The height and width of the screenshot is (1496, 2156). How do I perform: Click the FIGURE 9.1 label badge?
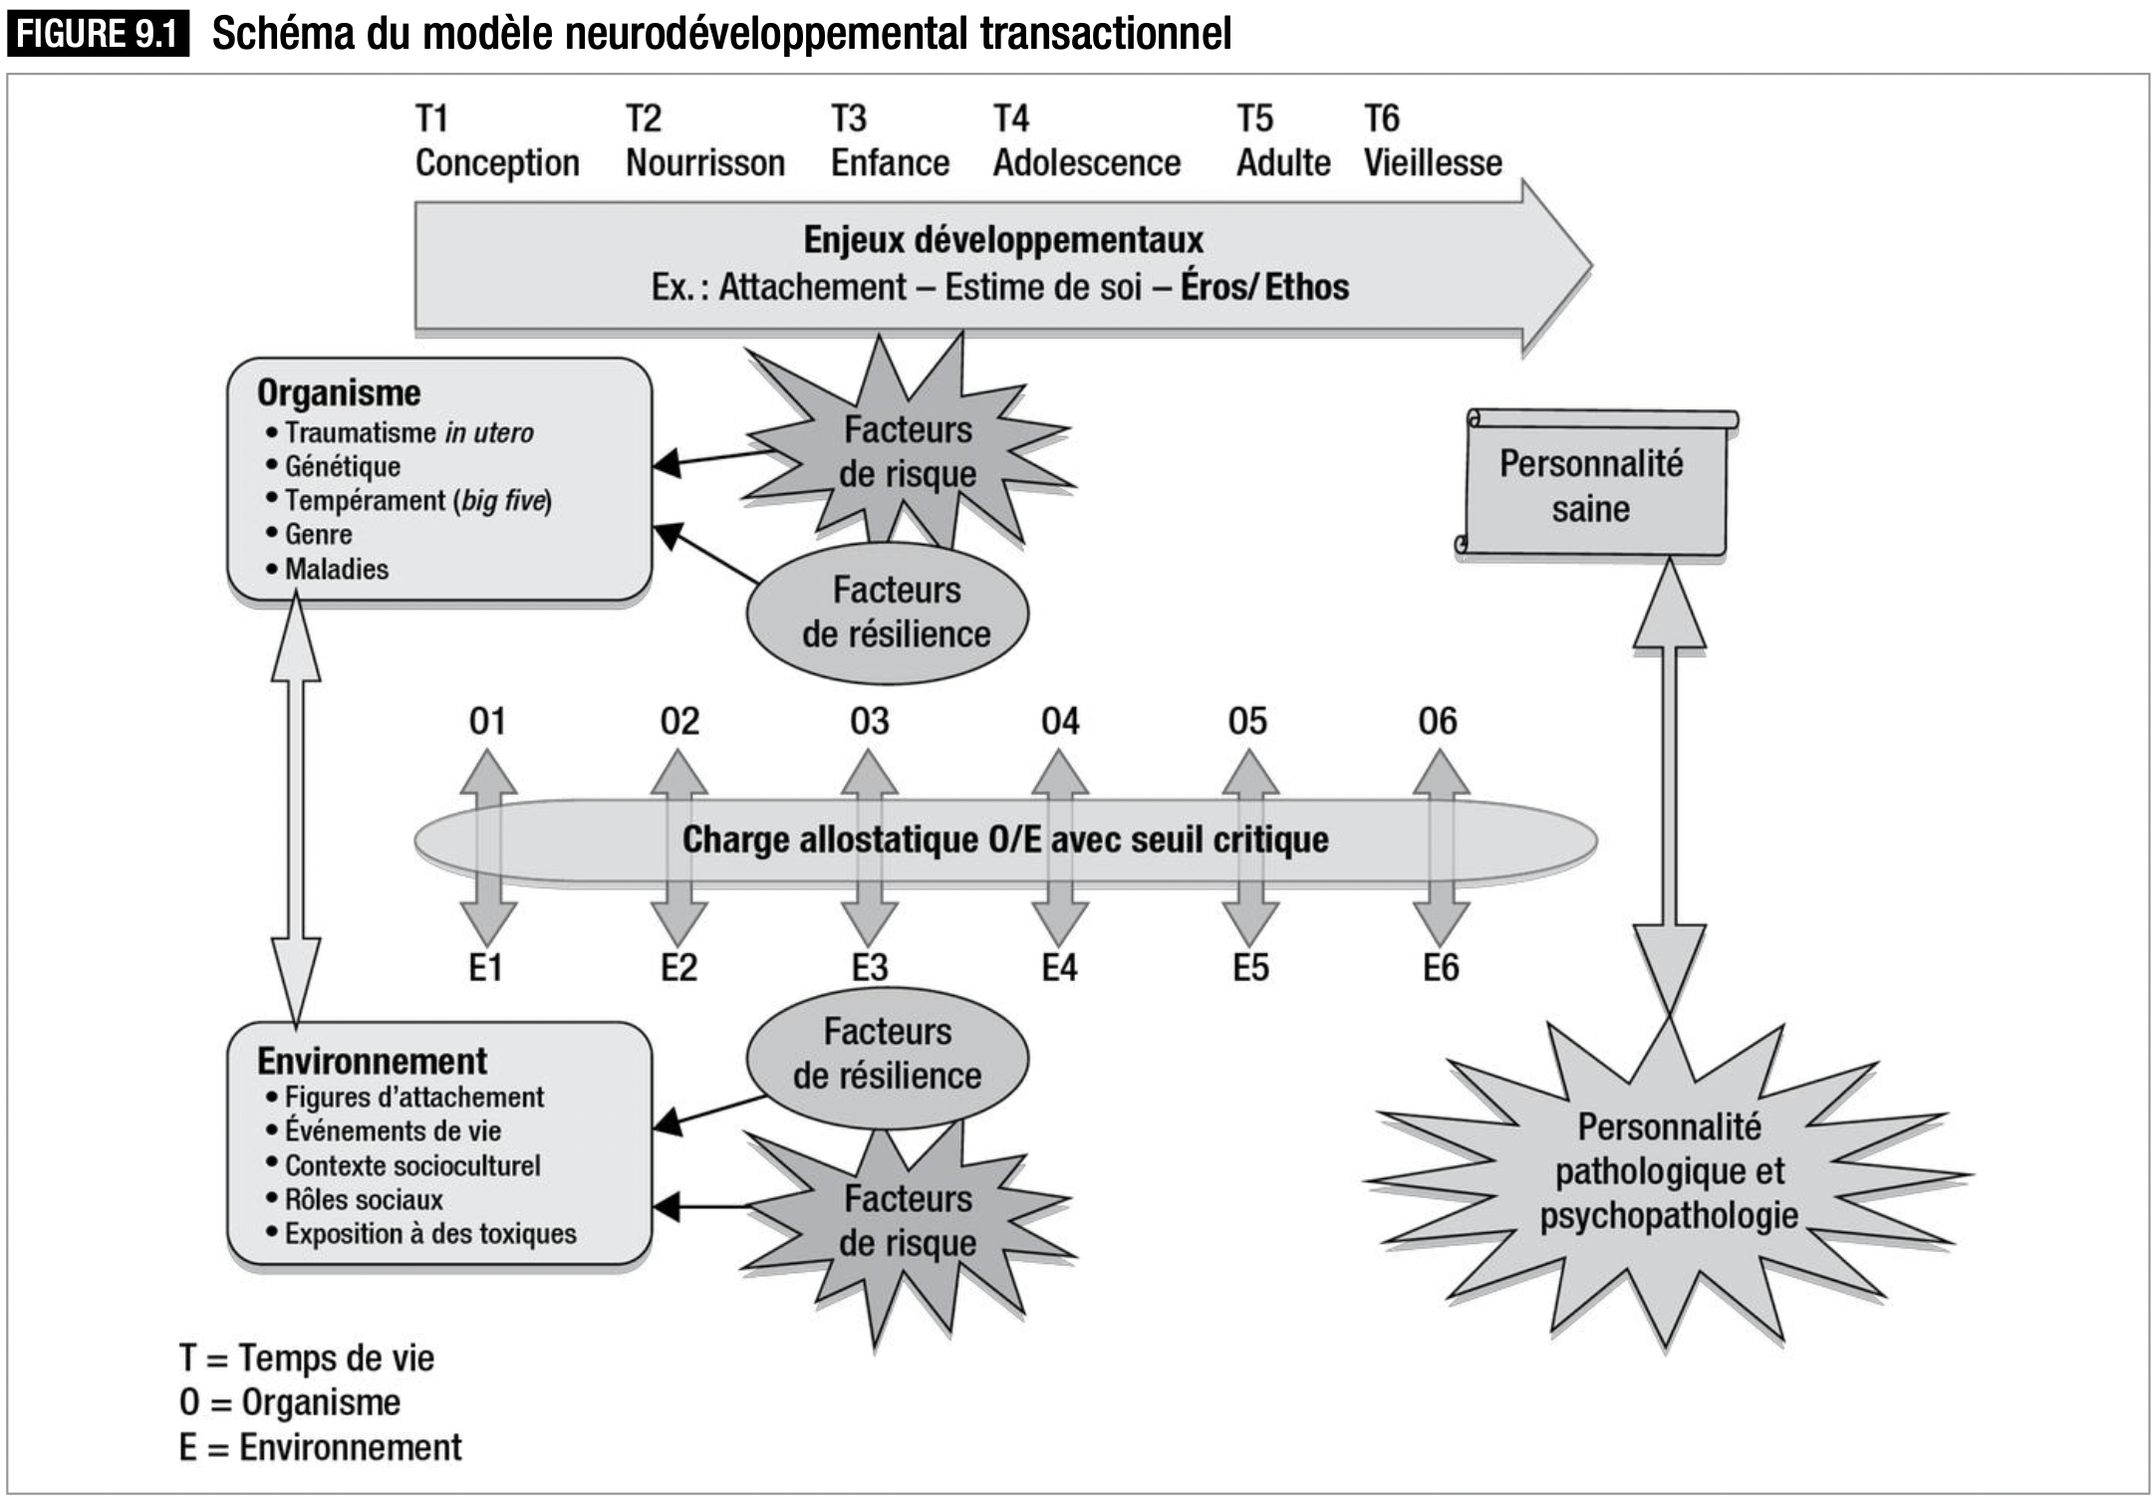pos(98,35)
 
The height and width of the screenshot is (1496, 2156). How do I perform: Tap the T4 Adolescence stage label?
pos(1087,140)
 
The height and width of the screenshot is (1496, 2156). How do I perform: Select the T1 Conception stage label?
pos(497,140)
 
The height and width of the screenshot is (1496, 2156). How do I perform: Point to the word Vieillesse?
pos(1433,162)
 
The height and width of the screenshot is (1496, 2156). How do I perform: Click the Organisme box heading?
pos(339,392)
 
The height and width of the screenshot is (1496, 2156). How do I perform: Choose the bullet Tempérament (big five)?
pos(409,500)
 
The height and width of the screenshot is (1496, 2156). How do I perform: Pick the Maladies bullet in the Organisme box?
pos(328,569)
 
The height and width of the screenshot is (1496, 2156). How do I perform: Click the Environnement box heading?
pos(372,1061)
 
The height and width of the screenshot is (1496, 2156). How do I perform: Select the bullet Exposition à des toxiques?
pos(421,1233)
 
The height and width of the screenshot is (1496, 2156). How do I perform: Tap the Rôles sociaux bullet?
pos(355,1199)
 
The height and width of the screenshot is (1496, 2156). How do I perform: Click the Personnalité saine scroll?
pos(1596,484)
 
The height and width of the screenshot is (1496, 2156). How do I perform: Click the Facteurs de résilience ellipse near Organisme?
pos(888,613)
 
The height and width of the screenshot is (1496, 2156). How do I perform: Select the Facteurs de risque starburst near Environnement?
pos(907,1223)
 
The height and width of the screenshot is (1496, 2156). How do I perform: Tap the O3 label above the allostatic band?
pos(870,721)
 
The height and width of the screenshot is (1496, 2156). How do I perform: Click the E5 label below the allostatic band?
pos(1251,967)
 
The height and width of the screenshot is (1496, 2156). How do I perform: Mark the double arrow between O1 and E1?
pos(487,847)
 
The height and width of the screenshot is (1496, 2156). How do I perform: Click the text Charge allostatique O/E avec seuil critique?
pos(1005,840)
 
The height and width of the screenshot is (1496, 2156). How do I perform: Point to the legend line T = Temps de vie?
pos(307,1358)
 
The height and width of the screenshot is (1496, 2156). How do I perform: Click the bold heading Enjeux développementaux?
pos(1003,240)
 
